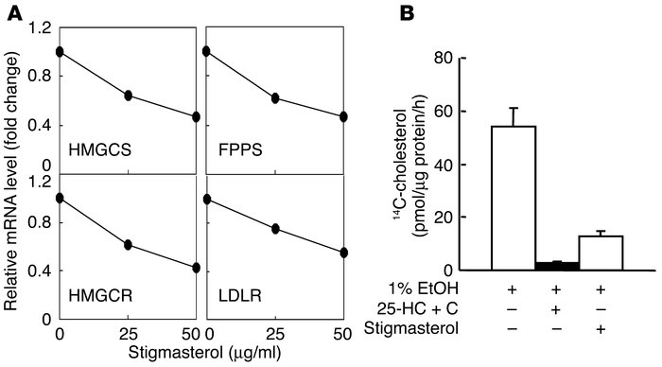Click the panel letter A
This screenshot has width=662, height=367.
click(x=12, y=11)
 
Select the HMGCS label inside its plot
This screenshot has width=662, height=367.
click(x=96, y=149)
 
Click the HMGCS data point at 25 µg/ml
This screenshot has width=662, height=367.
click(x=128, y=96)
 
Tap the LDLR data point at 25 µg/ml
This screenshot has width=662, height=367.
click(x=274, y=229)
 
